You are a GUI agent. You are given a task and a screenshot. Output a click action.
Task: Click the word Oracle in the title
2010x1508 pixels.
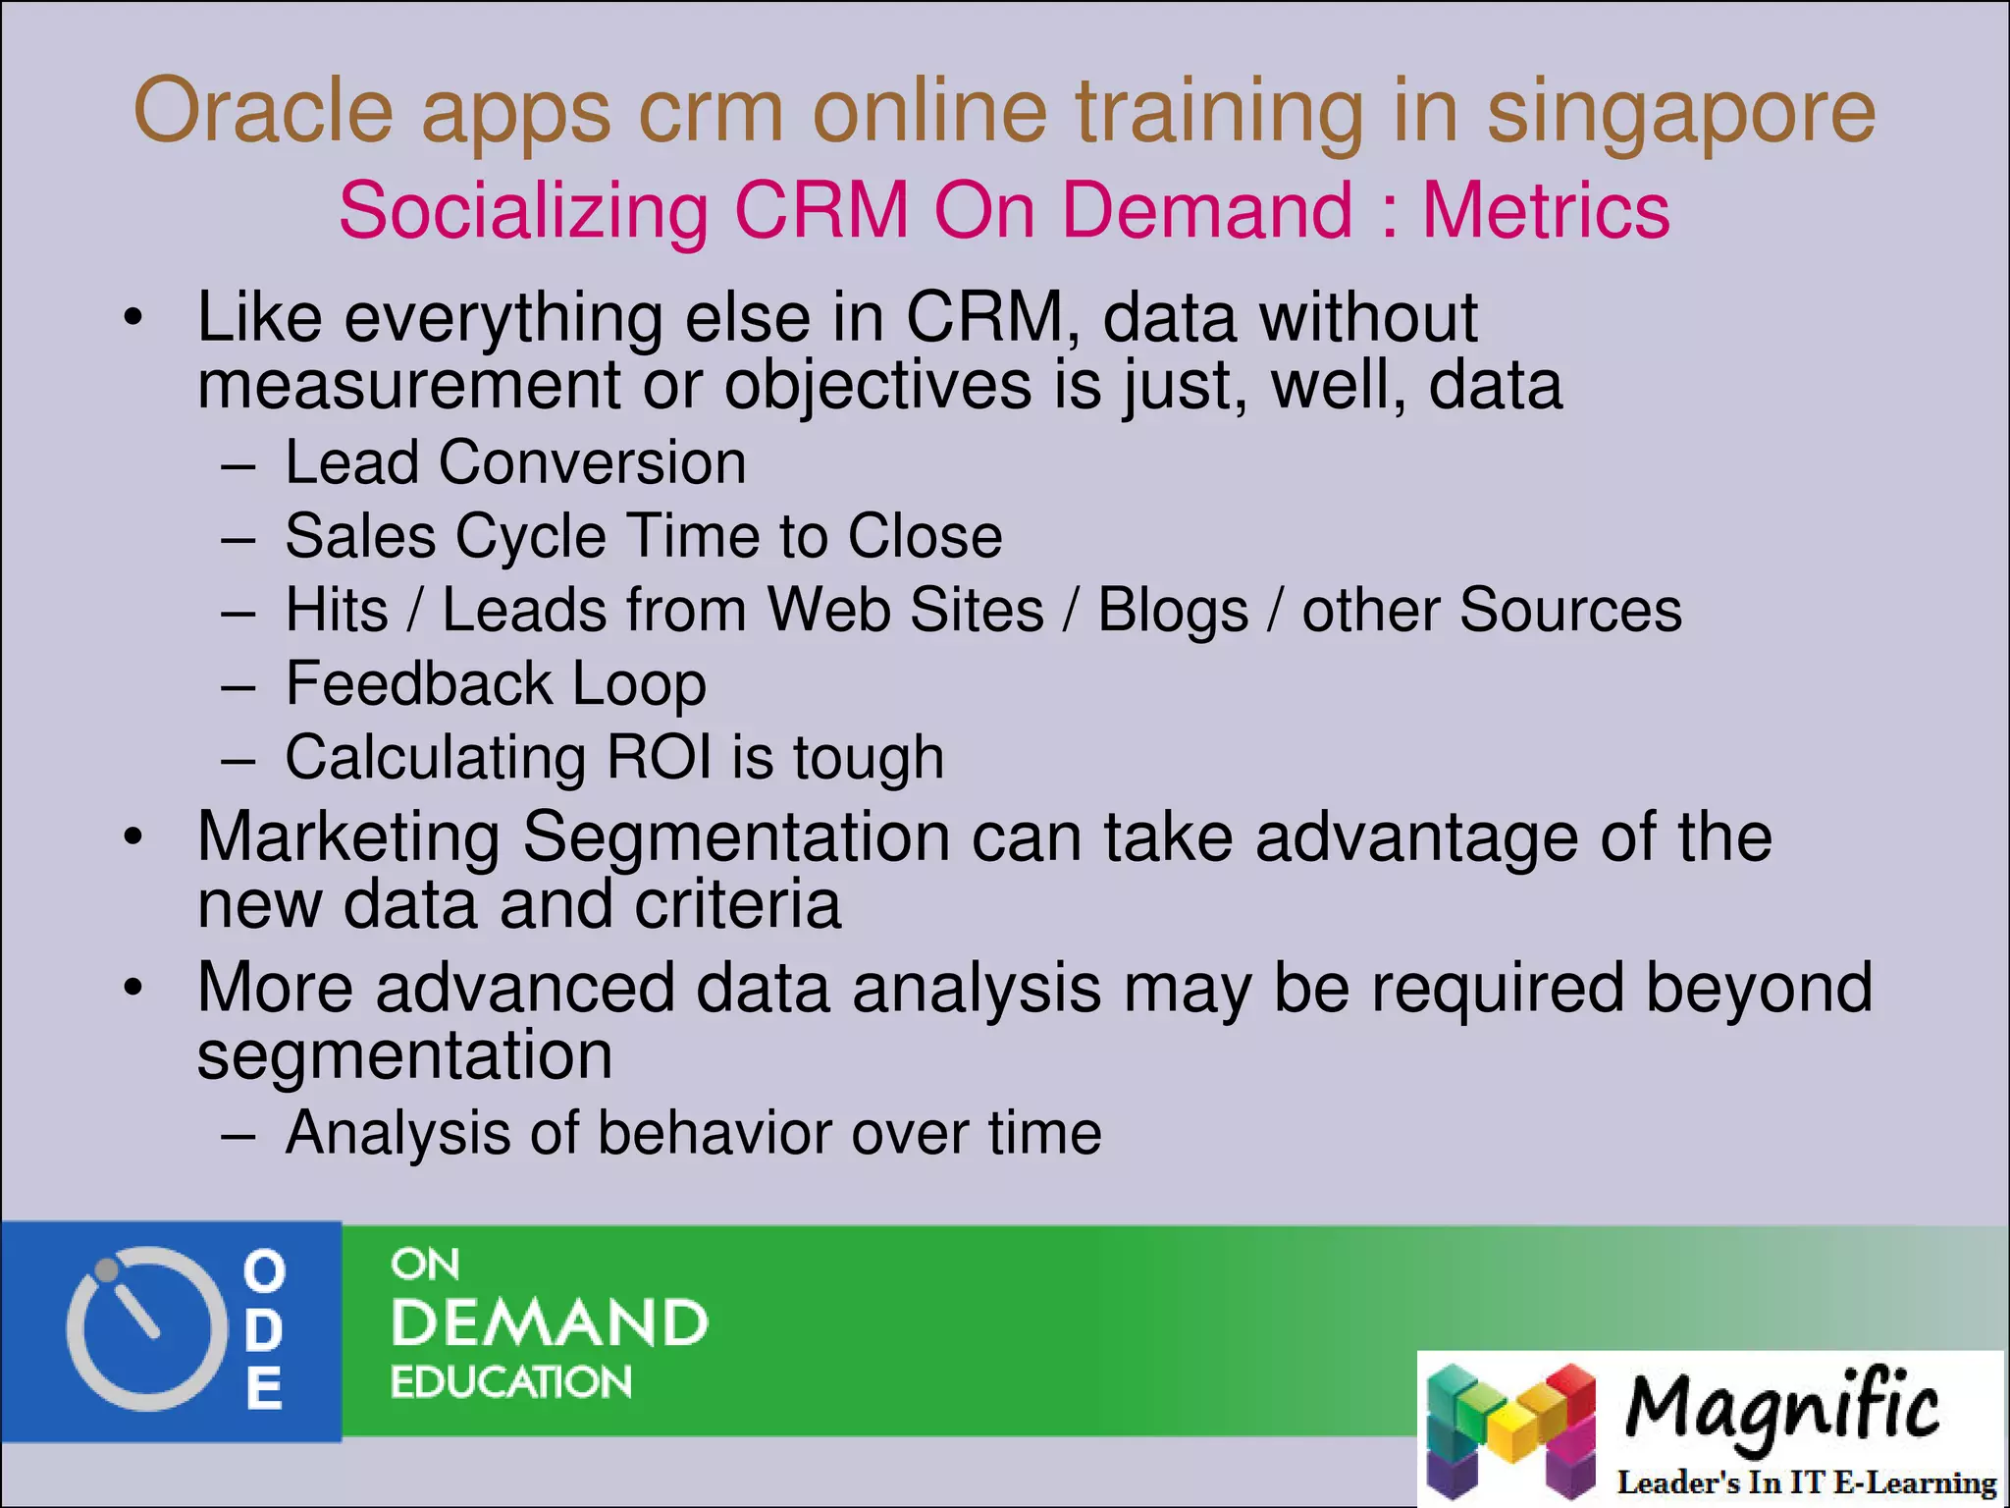262,111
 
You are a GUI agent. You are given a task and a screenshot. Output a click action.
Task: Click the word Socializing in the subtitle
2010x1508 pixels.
523,211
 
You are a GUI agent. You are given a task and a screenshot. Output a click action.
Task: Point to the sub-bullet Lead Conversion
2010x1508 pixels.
515,462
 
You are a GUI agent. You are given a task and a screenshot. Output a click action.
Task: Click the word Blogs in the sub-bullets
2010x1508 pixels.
1173,610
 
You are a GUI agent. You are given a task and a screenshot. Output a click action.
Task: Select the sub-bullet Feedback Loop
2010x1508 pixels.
496,683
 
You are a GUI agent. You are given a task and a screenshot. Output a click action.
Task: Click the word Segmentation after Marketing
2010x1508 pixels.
735,837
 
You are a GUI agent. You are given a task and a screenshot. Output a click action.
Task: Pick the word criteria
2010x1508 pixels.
737,904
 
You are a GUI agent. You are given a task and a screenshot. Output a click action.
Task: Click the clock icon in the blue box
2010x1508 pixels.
139,1328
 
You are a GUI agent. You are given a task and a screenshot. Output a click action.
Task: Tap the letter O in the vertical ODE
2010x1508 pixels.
264,1271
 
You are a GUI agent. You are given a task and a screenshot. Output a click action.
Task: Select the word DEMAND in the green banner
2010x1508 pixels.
550,1322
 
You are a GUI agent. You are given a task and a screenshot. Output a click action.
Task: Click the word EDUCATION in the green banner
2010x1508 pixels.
511,1382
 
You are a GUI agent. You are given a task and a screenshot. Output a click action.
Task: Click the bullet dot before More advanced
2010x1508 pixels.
133,988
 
